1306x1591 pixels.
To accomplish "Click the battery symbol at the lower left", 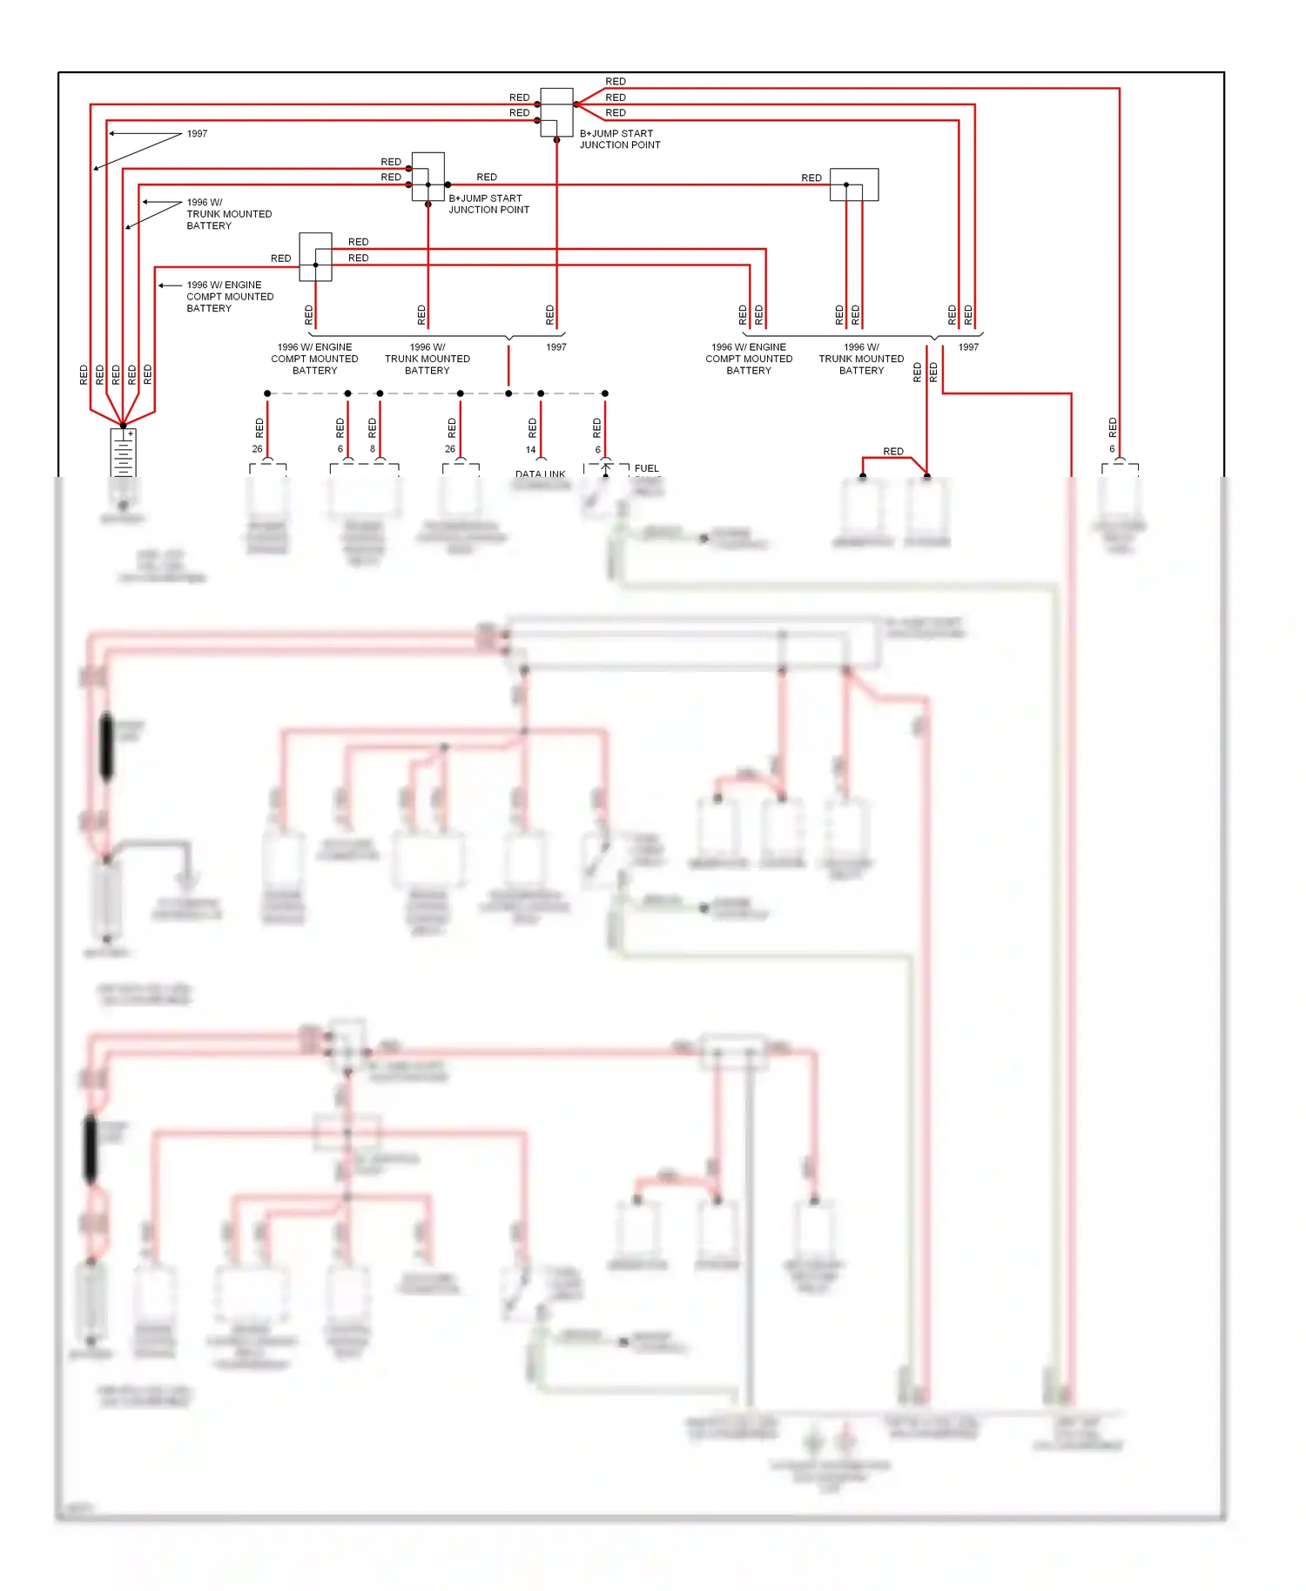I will [x=123, y=453].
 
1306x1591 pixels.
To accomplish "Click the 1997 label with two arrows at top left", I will [x=197, y=134].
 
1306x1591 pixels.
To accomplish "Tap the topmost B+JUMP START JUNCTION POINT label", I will [x=619, y=139].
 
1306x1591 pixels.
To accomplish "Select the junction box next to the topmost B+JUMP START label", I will [x=556, y=112].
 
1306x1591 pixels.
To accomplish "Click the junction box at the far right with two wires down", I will [x=853, y=185].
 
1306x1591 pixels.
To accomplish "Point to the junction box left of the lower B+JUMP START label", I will [x=427, y=177].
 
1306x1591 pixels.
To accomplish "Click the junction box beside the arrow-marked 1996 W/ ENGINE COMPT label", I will [x=315, y=257].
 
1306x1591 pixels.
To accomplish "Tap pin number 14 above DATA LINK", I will [x=530, y=450].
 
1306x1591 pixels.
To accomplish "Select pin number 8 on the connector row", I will [x=373, y=449].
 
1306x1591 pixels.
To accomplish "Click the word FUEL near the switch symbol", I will [x=646, y=468].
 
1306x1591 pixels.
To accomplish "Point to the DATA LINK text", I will [x=540, y=474].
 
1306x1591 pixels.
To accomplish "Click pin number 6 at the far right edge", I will [x=1112, y=449].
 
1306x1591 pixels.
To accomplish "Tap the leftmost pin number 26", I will [x=257, y=449].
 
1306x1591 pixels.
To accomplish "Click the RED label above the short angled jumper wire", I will [x=893, y=451].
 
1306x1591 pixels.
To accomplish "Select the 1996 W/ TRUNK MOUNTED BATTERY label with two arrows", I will [x=228, y=214].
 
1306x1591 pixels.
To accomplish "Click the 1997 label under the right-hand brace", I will [x=968, y=347].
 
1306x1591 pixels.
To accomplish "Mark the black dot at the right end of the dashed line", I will [x=605, y=393].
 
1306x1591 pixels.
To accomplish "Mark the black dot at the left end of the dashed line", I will [x=267, y=393].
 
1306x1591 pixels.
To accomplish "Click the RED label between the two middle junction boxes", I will [x=487, y=177].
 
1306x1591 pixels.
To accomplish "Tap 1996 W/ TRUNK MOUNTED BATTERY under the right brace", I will [x=861, y=359].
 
